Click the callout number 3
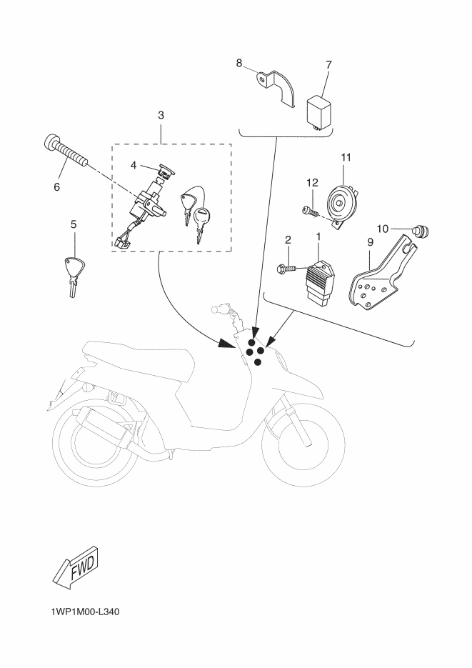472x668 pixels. [161, 114]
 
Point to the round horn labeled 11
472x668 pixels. [342, 201]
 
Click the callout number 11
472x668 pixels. [346, 156]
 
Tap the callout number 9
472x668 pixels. [370, 243]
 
